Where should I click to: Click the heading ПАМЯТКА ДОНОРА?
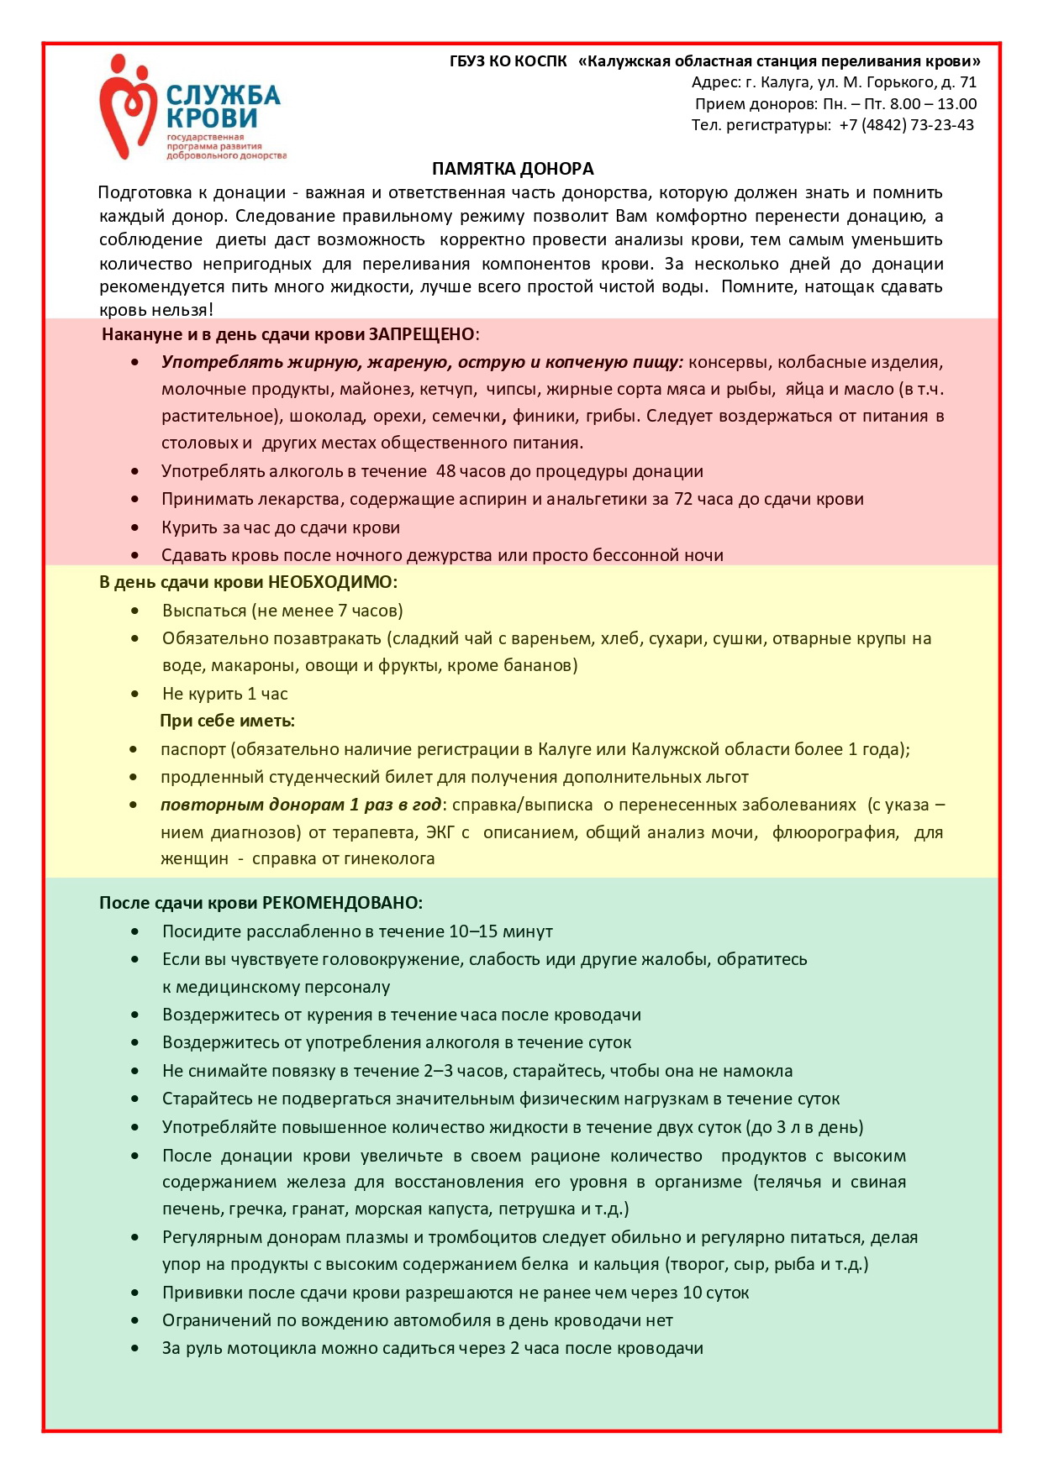point(513,169)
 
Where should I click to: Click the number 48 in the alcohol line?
point(445,471)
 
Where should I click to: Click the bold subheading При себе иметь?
point(227,721)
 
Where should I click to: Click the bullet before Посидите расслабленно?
point(135,931)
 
